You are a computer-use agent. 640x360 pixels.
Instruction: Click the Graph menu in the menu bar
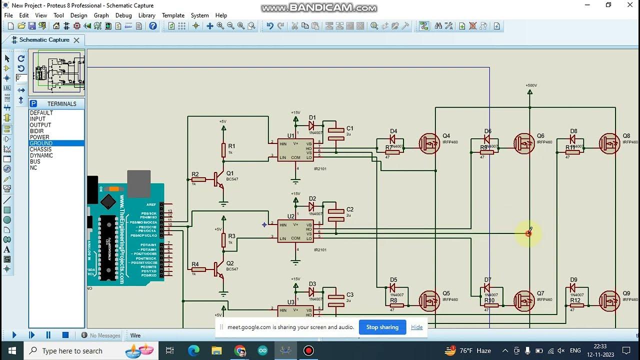101,15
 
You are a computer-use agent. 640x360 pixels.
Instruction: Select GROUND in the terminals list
41,143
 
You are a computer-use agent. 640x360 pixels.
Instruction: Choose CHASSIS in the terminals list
40,149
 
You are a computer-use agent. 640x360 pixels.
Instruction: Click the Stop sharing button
382,327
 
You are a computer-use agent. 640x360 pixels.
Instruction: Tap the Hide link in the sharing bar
416,327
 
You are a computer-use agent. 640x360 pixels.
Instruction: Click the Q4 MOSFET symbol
429,144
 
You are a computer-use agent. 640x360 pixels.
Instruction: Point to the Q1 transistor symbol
218,179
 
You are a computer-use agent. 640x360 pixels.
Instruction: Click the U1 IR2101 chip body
296,150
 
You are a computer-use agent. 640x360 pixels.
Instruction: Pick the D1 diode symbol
311,126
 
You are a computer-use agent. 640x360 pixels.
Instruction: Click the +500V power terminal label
531,85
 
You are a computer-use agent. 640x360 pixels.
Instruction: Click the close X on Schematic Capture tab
76,40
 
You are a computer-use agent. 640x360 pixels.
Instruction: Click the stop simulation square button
65,335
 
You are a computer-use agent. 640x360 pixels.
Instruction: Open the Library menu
146,15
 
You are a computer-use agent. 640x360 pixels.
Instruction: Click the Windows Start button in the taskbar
12,350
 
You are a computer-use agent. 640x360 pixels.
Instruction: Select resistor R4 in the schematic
198,269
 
